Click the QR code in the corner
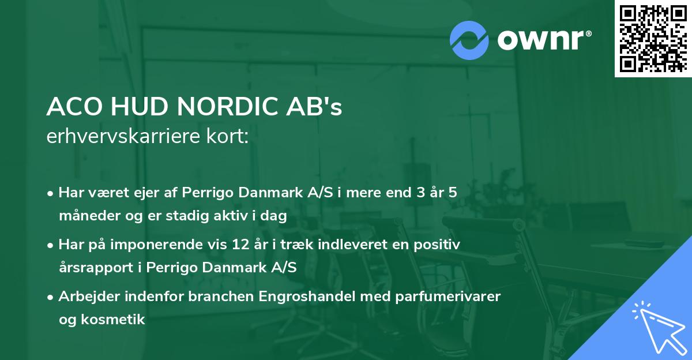point(653,39)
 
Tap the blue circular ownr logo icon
point(469,40)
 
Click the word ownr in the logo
point(544,40)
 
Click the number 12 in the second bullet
point(238,245)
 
